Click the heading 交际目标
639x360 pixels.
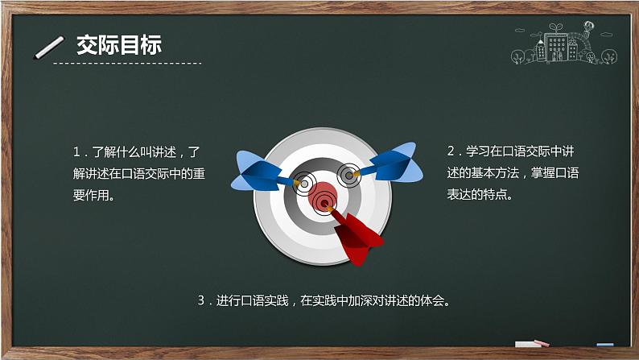(x=119, y=44)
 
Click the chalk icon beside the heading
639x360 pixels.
(x=49, y=48)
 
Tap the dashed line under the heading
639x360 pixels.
(x=129, y=62)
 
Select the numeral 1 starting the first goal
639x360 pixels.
(x=76, y=151)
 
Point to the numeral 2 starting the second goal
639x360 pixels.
(x=451, y=151)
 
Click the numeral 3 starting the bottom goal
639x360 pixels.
(x=201, y=301)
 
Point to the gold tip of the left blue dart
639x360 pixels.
(x=297, y=184)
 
